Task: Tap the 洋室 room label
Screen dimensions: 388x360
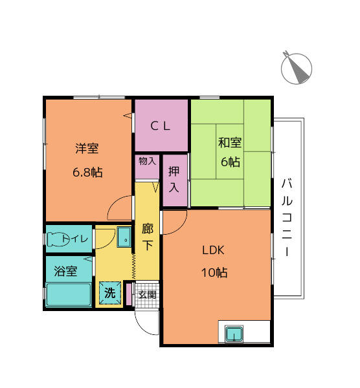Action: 87,148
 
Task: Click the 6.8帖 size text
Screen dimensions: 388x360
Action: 87,173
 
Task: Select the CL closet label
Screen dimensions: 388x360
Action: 161,127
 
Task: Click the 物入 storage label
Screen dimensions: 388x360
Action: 147,160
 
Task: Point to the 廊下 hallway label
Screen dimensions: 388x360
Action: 147,237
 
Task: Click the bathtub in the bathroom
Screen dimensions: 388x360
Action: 69,296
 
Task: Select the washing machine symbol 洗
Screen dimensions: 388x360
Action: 110,293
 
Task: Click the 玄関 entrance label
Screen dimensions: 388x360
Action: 148,295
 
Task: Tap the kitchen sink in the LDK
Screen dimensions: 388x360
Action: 233,334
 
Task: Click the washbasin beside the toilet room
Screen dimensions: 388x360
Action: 124,237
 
